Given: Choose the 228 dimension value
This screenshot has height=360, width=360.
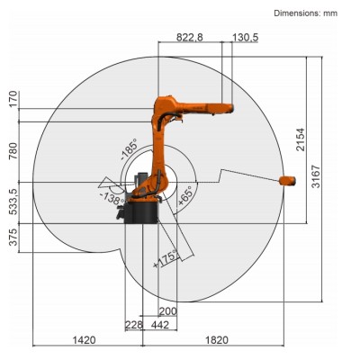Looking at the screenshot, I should point(133,326).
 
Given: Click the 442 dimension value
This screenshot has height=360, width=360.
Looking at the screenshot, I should point(160,326).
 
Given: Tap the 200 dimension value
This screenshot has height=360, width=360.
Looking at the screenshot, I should point(168,311).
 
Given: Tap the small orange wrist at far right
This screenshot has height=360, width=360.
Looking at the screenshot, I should point(288,181).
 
